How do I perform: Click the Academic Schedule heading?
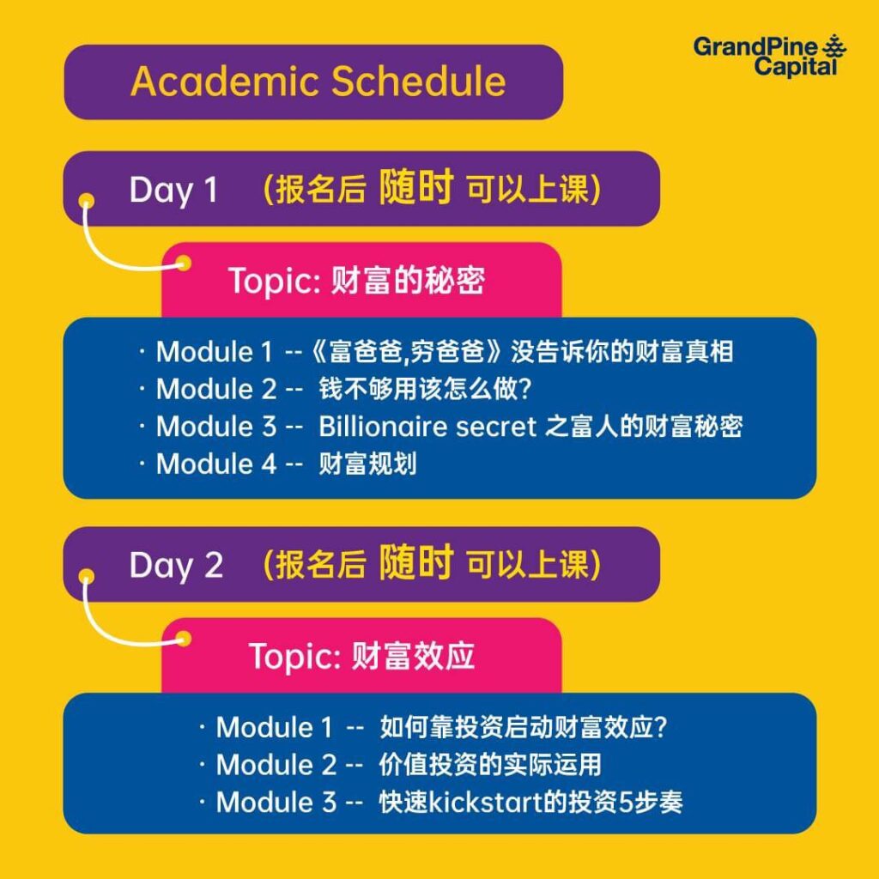pyautogui.click(x=318, y=82)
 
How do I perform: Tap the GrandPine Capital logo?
pyautogui.click(x=769, y=56)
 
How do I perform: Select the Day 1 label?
pyautogui.click(x=173, y=191)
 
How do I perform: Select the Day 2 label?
pyautogui.click(x=176, y=566)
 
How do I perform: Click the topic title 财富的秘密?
pyautogui.click(x=408, y=280)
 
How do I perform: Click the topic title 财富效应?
pyautogui.click(x=413, y=655)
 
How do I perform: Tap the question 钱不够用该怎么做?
pyautogui.click(x=425, y=389)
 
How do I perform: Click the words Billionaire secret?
pyautogui.click(x=427, y=427)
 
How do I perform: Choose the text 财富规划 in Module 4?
pyautogui.click(x=367, y=464)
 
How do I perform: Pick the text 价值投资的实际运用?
pyautogui.click(x=490, y=765)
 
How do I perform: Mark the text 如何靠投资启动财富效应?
pyautogui.click(x=523, y=727)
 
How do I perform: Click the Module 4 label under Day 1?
pyautogui.click(x=216, y=464)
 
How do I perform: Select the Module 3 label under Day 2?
pyautogui.click(x=276, y=803)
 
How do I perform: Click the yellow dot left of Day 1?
pyautogui.click(x=87, y=201)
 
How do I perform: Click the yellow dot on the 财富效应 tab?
pyautogui.click(x=184, y=639)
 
